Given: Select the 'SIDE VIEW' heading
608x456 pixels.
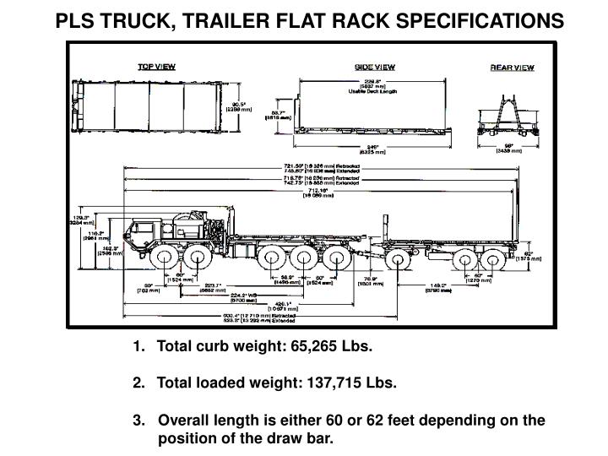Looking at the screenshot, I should click(374, 66).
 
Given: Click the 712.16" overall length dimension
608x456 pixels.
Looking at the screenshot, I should click(322, 192).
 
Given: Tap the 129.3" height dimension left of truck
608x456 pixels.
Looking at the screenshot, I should click(82, 219).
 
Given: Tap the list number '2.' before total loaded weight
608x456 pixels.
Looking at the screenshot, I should click(138, 383).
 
